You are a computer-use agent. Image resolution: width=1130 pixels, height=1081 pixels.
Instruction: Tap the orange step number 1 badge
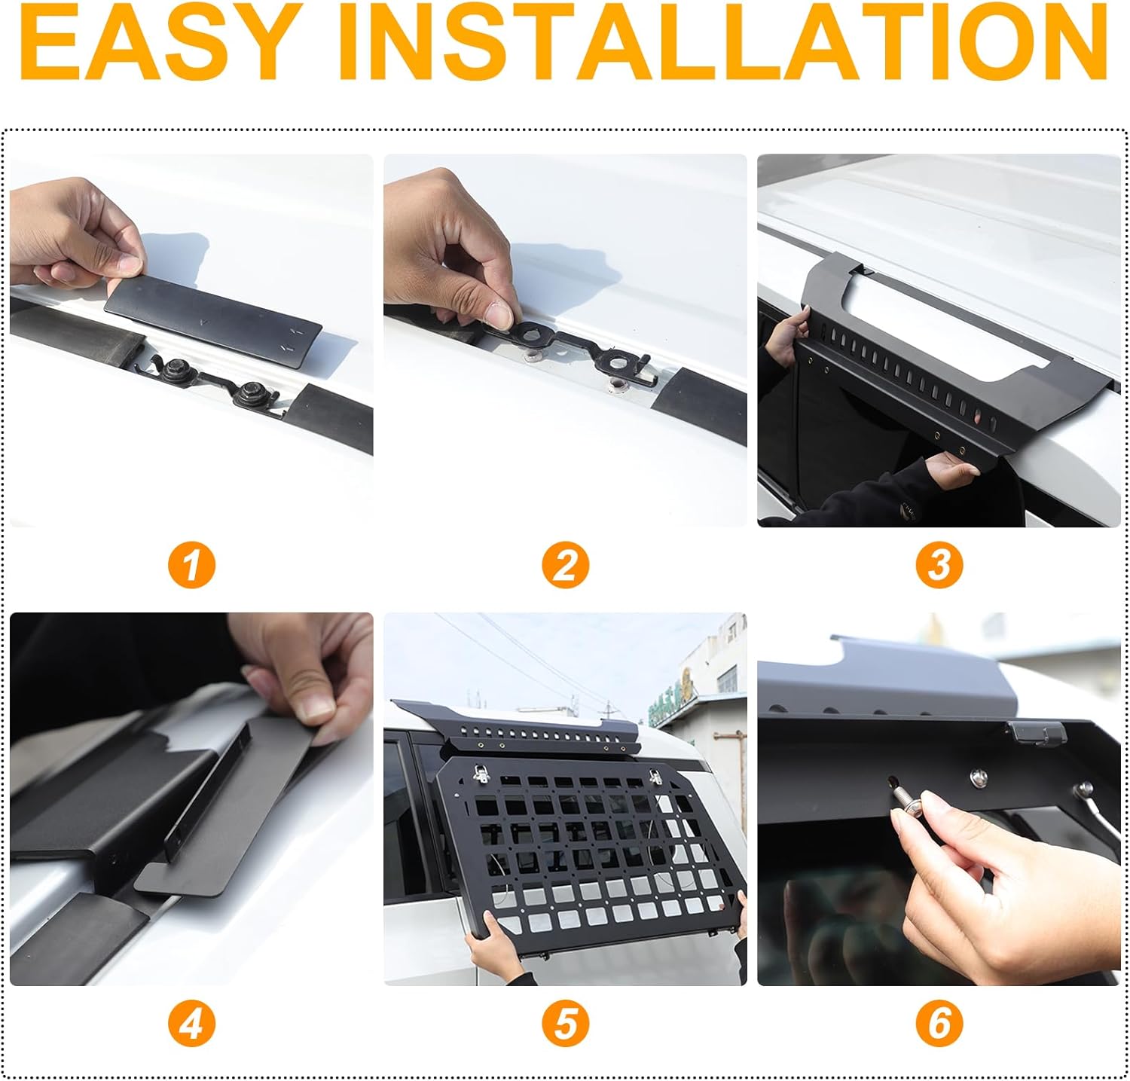click(x=191, y=565)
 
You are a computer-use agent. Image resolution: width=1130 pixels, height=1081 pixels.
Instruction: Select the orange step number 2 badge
click(x=565, y=565)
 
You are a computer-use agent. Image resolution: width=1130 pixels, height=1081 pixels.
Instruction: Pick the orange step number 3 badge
click(x=939, y=565)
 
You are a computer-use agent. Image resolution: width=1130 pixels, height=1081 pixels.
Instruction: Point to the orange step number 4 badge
click(x=191, y=1024)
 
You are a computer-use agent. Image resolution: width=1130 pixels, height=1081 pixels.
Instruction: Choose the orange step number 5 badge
click(x=565, y=1024)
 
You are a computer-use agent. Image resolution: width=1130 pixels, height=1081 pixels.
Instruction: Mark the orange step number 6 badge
click(x=939, y=1024)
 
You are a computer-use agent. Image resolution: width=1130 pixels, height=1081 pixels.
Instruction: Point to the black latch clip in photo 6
click(x=1037, y=731)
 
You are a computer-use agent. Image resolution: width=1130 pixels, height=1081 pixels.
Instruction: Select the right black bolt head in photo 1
click(x=250, y=391)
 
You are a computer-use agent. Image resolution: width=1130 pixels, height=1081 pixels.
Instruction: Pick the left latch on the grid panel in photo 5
click(x=479, y=771)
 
